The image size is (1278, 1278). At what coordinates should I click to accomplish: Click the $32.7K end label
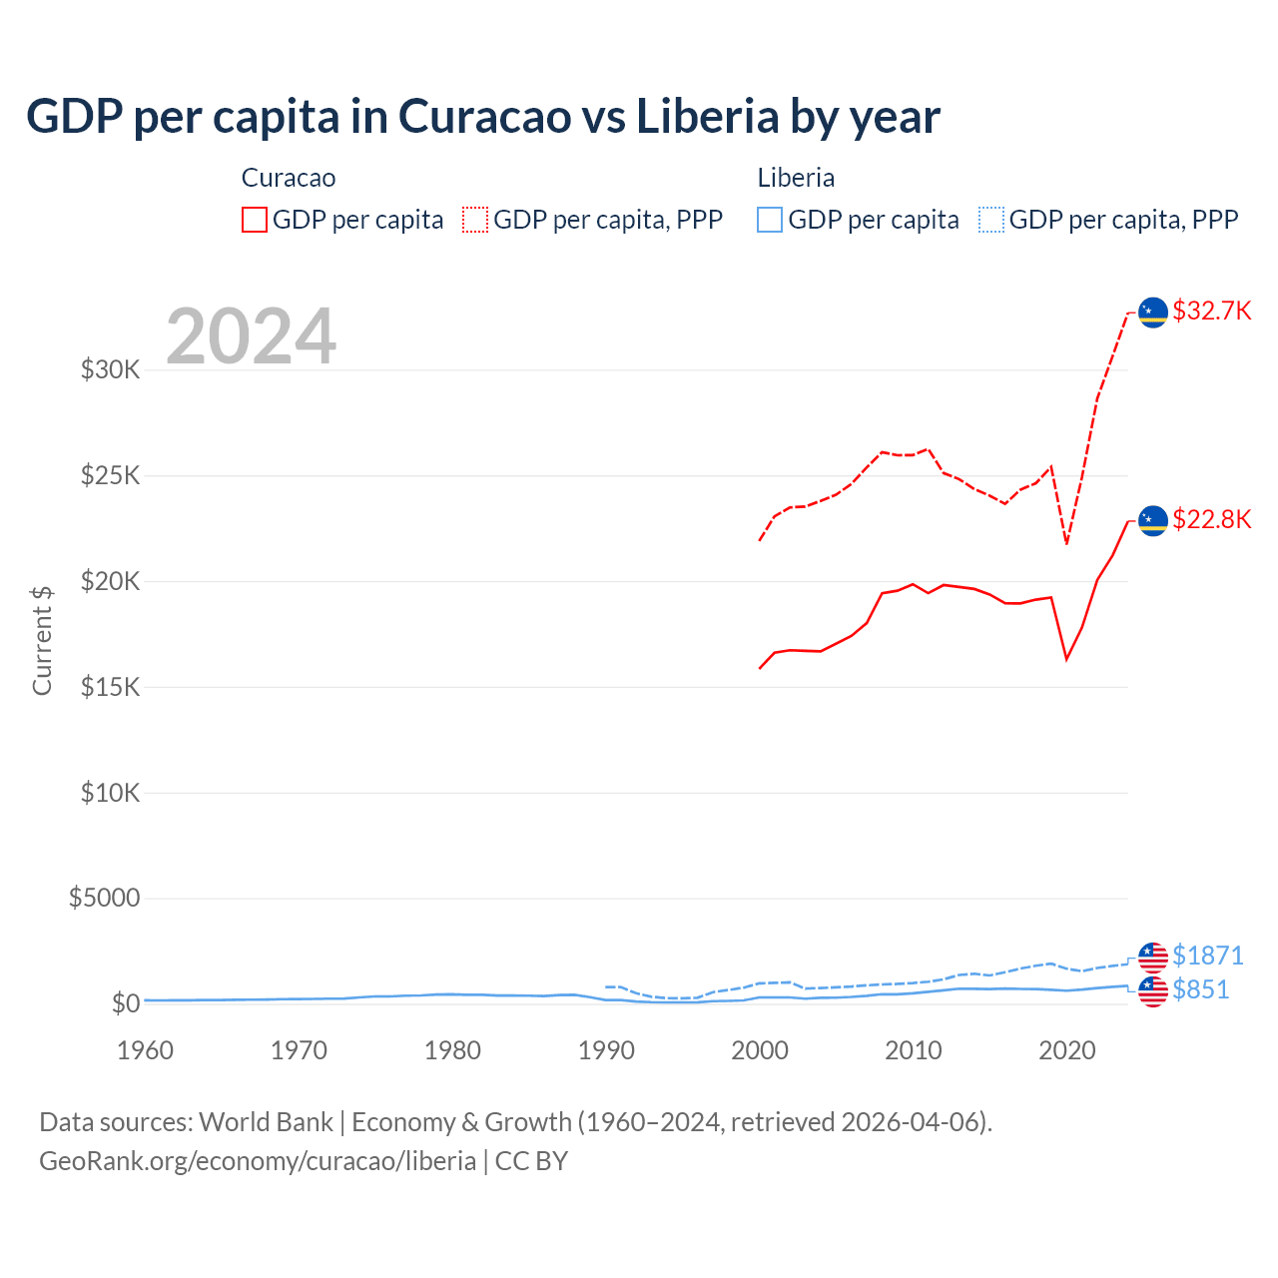coord(1211,311)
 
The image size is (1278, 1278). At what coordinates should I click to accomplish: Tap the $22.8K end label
coord(1211,519)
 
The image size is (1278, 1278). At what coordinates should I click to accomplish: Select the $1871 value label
coord(1207,956)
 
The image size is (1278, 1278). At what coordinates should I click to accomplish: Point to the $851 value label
coord(1200,989)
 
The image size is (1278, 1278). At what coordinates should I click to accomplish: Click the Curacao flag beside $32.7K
coord(1153,313)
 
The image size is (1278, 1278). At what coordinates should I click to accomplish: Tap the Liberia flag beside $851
coord(1153,991)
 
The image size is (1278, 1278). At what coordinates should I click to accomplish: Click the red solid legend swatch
coord(255,220)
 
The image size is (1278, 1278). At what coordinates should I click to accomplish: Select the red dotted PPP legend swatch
coord(475,220)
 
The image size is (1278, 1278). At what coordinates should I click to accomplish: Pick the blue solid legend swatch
coord(770,220)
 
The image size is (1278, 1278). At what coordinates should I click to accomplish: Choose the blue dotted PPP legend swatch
coord(991,220)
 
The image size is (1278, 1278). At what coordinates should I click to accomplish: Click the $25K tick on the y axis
coord(110,475)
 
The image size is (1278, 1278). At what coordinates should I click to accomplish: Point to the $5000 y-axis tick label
coord(104,898)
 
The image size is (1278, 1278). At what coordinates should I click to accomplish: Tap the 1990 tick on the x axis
coord(606,1050)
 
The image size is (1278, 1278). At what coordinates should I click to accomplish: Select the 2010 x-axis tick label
coord(914,1050)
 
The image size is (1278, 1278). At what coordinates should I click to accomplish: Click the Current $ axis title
coord(42,640)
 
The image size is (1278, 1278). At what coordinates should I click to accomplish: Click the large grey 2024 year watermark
coord(251,336)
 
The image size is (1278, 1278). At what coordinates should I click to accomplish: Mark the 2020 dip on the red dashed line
coord(1066,543)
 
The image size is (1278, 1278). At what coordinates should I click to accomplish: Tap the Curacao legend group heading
coord(289,178)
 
